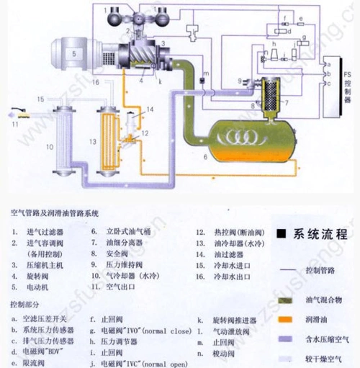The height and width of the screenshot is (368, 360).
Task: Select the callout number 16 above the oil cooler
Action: pyautogui.click(x=95, y=84)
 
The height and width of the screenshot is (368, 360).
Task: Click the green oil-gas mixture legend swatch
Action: pyautogui.click(x=284, y=297)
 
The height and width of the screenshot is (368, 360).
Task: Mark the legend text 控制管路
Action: pyautogui.click(x=320, y=269)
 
